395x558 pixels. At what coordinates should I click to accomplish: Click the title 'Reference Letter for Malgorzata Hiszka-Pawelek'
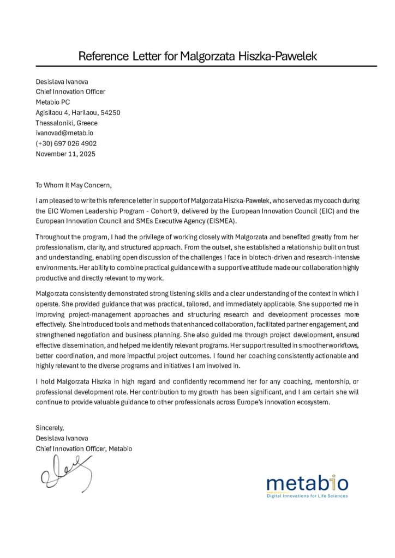click(x=197, y=56)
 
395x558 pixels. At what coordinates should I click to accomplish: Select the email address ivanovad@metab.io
click(x=64, y=133)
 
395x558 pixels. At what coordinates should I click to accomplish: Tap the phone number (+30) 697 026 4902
click(x=66, y=143)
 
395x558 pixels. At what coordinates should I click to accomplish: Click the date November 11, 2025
click(x=65, y=154)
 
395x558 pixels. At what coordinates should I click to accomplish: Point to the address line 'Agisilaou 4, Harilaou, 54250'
click(x=78, y=112)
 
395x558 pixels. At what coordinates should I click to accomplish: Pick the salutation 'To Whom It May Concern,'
click(x=74, y=185)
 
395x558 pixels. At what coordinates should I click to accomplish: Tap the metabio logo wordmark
click(x=307, y=483)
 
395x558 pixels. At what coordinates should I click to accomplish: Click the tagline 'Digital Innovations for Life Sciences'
click(x=307, y=496)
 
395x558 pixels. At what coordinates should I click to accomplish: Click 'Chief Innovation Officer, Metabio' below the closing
click(x=83, y=448)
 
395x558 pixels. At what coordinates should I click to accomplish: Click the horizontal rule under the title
click(x=197, y=66)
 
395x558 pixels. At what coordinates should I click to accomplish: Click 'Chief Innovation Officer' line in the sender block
click(x=70, y=92)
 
